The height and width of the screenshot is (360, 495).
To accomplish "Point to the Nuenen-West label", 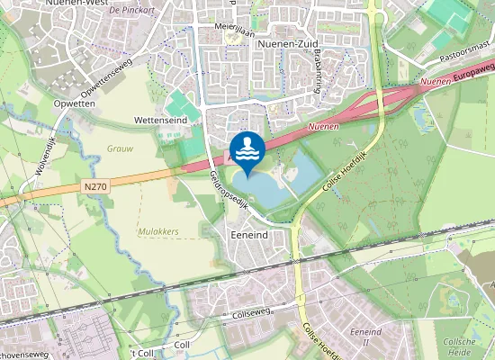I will (x=61, y=4).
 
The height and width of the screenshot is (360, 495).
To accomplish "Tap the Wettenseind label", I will (x=159, y=119).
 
